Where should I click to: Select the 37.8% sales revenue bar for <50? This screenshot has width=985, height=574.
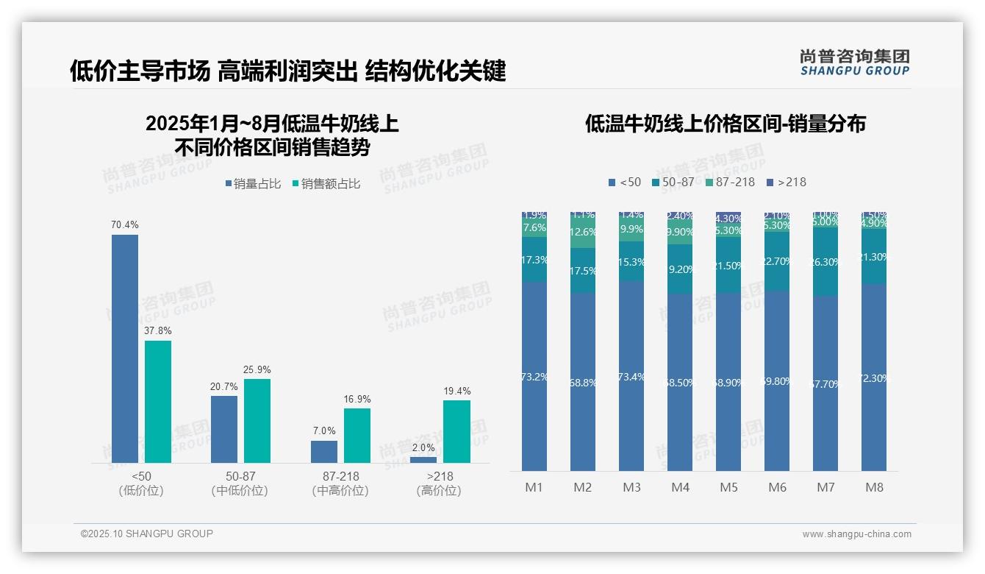point(158,401)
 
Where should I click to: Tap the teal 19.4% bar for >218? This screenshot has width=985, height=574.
point(456,431)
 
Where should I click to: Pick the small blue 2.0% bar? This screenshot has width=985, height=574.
point(423,460)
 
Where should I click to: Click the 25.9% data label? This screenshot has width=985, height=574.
point(257,369)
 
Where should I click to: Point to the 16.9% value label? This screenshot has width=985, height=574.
point(357,399)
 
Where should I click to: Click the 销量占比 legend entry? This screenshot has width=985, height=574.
point(252,184)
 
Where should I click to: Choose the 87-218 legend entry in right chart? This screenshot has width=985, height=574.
point(730,182)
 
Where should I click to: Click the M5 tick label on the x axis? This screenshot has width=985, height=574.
point(728,487)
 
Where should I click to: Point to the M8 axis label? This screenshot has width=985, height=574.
point(874,487)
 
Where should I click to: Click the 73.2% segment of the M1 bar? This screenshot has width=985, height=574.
point(534,376)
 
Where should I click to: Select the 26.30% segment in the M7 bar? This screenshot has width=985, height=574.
point(825,261)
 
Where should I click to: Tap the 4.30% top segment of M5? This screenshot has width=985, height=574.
point(728,218)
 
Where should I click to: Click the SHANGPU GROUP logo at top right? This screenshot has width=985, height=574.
point(854,62)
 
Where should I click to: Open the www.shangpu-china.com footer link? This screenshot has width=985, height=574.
point(856,534)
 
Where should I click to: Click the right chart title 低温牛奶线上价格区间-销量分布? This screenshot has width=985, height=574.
point(725,124)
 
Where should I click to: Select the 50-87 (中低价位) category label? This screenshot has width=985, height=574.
point(240,483)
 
